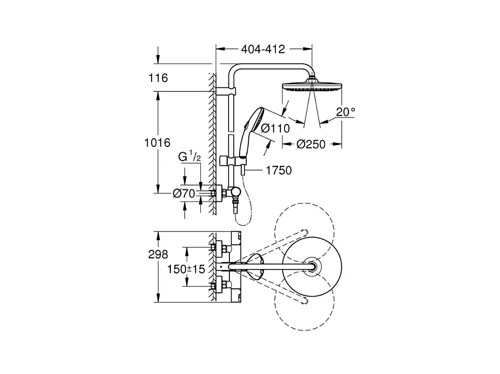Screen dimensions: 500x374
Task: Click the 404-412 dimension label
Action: [x=263, y=49]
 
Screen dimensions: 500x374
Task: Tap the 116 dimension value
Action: [x=158, y=78]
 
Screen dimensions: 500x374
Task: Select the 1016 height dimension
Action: [x=157, y=143]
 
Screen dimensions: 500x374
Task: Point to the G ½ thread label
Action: [x=189, y=156]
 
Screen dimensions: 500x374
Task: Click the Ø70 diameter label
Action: [x=184, y=193]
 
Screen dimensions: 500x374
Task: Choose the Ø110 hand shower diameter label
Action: [x=275, y=128]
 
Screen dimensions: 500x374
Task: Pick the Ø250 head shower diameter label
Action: [x=311, y=144]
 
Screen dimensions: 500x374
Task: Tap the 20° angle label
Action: [x=346, y=112]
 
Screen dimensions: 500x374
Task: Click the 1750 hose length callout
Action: [x=279, y=171]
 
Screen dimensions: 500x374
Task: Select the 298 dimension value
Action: [x=158, y=254]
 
